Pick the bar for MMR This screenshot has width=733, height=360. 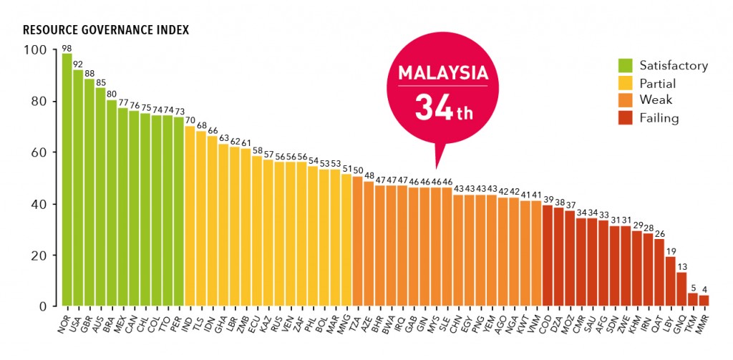(x=704, y=301)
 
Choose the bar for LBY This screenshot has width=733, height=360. (x=671, y=282)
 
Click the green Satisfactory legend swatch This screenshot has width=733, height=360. (x=625, y=66)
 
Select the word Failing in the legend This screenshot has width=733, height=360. (x=659, y=118)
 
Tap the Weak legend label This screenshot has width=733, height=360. (x=656, y=100)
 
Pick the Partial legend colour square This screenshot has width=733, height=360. (x=625, y=83)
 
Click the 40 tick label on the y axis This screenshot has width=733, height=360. (x=41, y=204)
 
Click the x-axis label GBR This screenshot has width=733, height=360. (x=86, y=324)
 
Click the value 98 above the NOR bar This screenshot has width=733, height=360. (x=67, y=49)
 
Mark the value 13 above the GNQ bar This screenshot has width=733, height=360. (x=681, y=268)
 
